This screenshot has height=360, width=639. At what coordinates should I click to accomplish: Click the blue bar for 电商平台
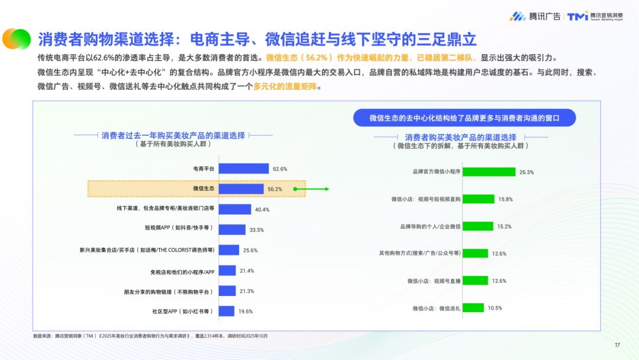[x=244, y=169]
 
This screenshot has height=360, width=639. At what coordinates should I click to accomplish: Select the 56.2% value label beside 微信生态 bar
[x=275, y=189]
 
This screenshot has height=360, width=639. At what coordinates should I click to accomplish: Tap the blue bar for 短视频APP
[x=232, y=230]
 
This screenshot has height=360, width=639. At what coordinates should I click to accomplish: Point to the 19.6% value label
[x=245, y=311]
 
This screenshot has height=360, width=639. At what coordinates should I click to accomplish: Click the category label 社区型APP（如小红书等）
[x=184, y=311]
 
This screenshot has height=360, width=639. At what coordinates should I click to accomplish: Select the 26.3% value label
[x=527, y=172]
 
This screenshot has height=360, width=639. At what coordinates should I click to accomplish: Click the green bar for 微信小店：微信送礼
[x=473, y=308]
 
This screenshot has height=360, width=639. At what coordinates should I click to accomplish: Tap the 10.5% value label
[x=495, y=308]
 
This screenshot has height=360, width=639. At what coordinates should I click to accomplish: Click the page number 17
[x=617, y=345]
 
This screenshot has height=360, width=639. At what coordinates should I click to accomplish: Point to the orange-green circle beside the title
[x=16, y=39]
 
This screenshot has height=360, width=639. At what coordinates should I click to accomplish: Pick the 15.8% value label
[x=505, y=200]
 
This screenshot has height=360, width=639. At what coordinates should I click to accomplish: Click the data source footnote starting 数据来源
[x=151, y=336]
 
